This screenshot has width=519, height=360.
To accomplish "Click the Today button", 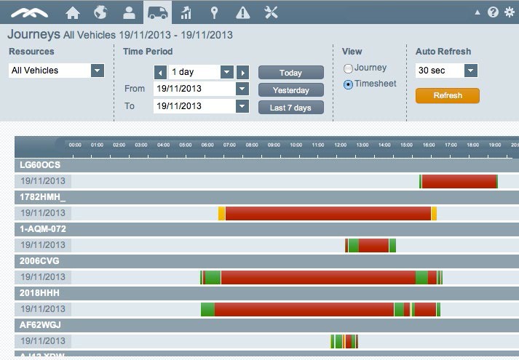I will (290, 73).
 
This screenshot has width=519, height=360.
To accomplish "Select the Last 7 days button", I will (290, 108).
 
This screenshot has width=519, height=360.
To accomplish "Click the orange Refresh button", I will (447, 95).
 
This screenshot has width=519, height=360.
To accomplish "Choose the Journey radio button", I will (349, 68).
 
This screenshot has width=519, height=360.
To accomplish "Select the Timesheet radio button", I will (349, 84).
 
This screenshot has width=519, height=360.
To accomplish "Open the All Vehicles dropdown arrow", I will (97, 71).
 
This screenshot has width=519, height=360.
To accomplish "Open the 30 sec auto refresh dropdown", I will (470, 71).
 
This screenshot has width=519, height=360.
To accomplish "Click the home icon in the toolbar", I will (73, 12).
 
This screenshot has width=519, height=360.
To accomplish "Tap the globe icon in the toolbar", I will (100, 12).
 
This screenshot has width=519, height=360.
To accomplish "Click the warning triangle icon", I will (243, 12).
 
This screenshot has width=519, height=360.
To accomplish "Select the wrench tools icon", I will (272, 12).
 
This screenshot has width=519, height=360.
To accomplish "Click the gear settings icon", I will (510, 12).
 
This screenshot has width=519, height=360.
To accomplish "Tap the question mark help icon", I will (493, 12).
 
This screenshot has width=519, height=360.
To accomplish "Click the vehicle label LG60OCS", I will (40, 165).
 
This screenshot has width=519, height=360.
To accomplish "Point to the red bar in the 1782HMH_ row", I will (328, 213).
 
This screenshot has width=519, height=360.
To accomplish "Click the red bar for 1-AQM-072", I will (373, 245).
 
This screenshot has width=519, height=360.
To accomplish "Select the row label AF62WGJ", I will (41, 325).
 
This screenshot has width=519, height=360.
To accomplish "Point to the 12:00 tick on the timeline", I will (340, 145).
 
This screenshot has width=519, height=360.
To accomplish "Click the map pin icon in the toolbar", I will (214, 12).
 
